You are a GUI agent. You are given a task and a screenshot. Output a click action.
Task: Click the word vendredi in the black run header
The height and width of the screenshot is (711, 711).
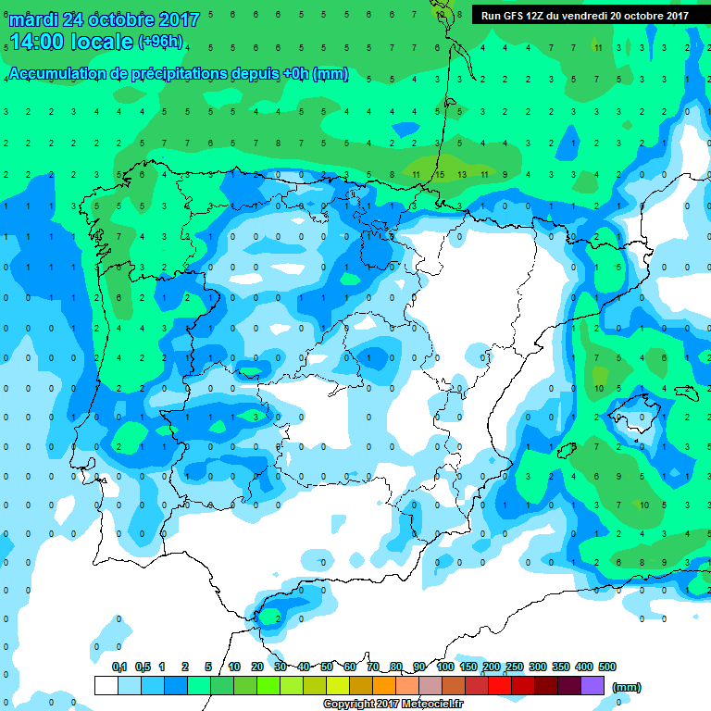585,16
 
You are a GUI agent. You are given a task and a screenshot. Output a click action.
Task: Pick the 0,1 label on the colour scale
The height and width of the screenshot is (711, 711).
119,667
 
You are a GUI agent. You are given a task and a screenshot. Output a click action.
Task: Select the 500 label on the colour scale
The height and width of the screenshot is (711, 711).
607,667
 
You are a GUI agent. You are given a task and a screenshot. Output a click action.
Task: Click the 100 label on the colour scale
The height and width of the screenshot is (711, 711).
445,667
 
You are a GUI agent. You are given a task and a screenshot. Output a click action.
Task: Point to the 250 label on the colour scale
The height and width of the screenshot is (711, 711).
514,667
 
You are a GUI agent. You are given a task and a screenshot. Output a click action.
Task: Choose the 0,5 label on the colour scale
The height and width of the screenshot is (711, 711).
143,667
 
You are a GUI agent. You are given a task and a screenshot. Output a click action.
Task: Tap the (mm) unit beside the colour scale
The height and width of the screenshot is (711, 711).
627,687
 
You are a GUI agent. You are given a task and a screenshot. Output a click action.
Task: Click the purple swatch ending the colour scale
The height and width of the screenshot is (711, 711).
592,686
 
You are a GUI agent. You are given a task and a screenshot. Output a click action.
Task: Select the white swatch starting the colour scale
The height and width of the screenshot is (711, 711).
106,686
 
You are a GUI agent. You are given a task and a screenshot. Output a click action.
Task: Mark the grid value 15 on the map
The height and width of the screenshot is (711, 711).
440,173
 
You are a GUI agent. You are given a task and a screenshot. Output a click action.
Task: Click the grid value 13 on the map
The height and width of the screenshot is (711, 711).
462,173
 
